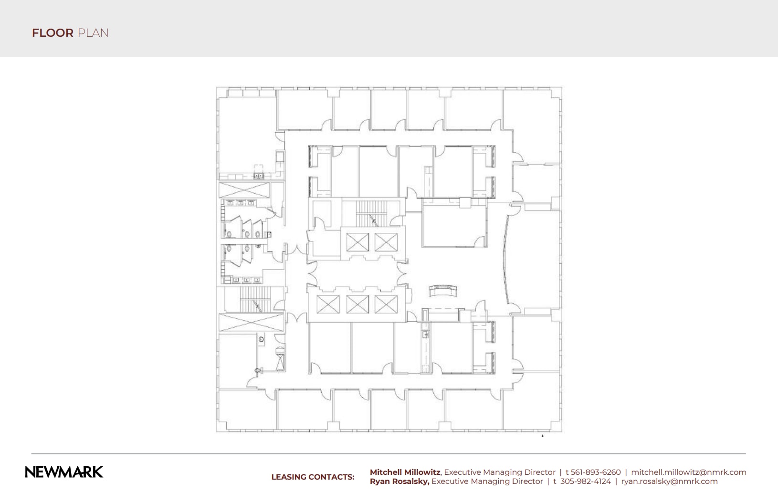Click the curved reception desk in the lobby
click(x=443, y=290)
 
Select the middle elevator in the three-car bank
click(x=357, y=304)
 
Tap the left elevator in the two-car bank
click(x=357, y=242)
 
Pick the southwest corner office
click(x=246, y=409)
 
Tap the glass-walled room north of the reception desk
click(x=453, y=226)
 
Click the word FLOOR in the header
click(x=53, y=33)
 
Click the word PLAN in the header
click(x=93, y=33)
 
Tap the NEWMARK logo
click(x=64, y=472)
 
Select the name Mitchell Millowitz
click(x=405, y=472)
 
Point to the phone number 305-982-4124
click(x=585, y=481)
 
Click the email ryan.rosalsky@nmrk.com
click(x=669, y=481)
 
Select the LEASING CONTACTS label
click(x=313, y=477)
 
